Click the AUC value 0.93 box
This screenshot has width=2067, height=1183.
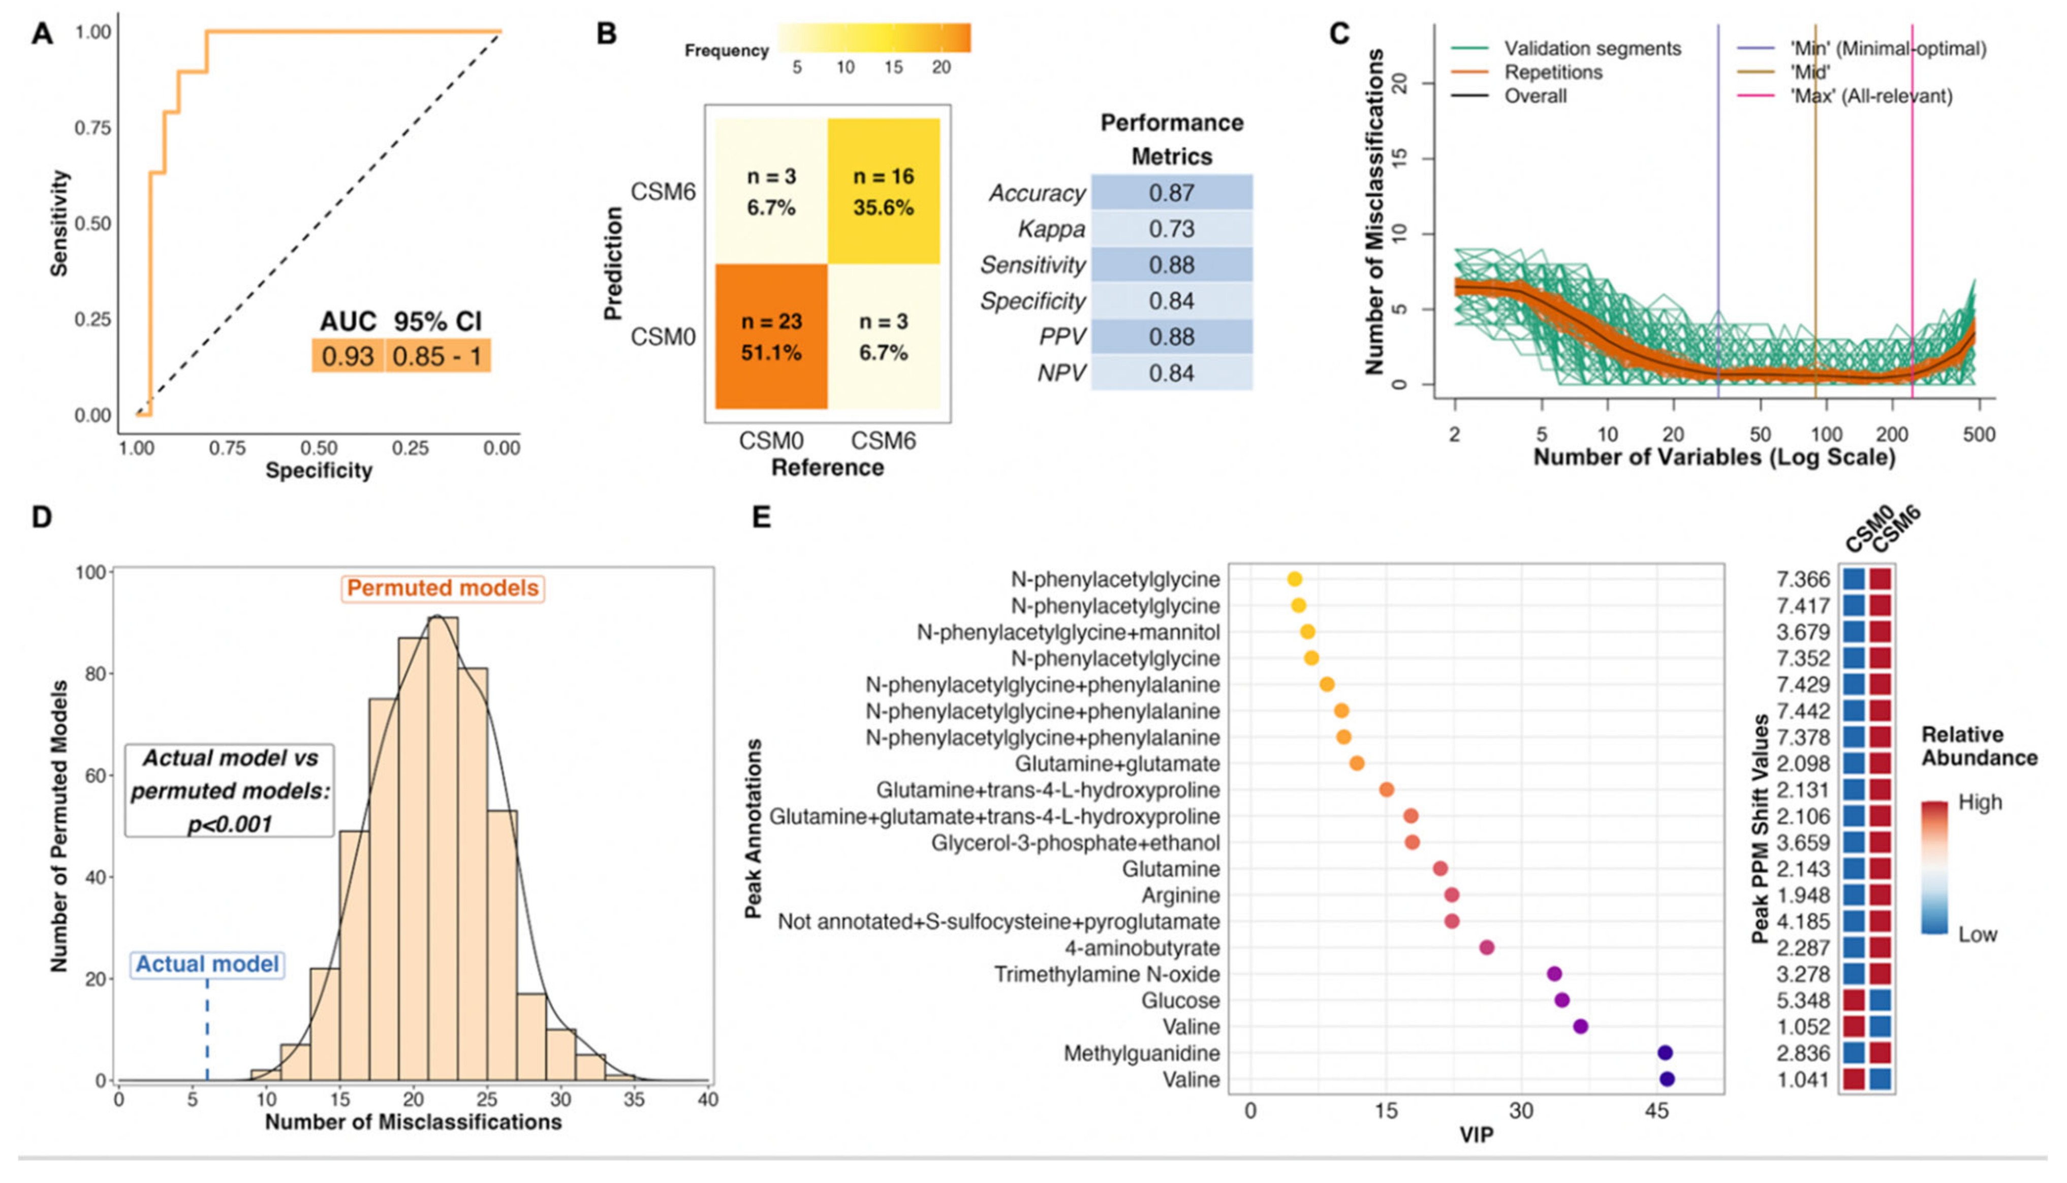pos(348,356)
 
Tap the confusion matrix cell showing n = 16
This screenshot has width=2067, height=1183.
pos(883,192)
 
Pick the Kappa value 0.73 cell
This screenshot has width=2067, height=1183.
pos(1171,229)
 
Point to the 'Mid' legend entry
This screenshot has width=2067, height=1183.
pos(1809,72)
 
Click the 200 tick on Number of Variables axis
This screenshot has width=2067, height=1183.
pos(1891,434)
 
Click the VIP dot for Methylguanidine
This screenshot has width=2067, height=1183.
pos(1664,1053)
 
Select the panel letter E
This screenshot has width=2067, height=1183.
pos(761,517)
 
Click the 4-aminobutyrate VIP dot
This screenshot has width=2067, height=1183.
pos(1486,947)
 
